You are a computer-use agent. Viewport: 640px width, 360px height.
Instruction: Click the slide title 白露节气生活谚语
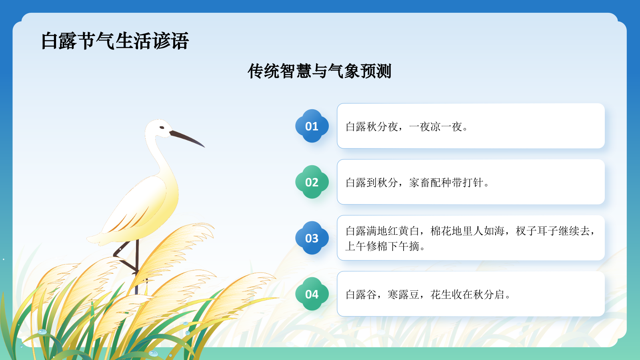115,41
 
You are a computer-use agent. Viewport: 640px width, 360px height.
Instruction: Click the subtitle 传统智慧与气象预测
319,71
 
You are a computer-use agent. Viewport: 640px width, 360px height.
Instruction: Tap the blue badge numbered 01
312,126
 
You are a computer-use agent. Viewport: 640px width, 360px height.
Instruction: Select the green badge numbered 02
312,182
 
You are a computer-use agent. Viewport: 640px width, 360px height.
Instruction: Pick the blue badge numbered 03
312,238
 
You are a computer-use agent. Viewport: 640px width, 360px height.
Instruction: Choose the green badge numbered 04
312,294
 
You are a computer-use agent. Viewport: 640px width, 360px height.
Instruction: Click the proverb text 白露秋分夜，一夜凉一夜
406,127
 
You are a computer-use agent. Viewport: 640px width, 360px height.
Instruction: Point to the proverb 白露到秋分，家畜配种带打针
417,183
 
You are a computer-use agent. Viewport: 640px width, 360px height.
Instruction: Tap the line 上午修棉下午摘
385,246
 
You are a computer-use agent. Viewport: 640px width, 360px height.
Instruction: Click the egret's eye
162,128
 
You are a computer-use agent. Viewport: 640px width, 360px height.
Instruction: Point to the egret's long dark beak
187,138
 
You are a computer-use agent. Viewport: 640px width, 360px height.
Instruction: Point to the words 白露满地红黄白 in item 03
382,231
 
